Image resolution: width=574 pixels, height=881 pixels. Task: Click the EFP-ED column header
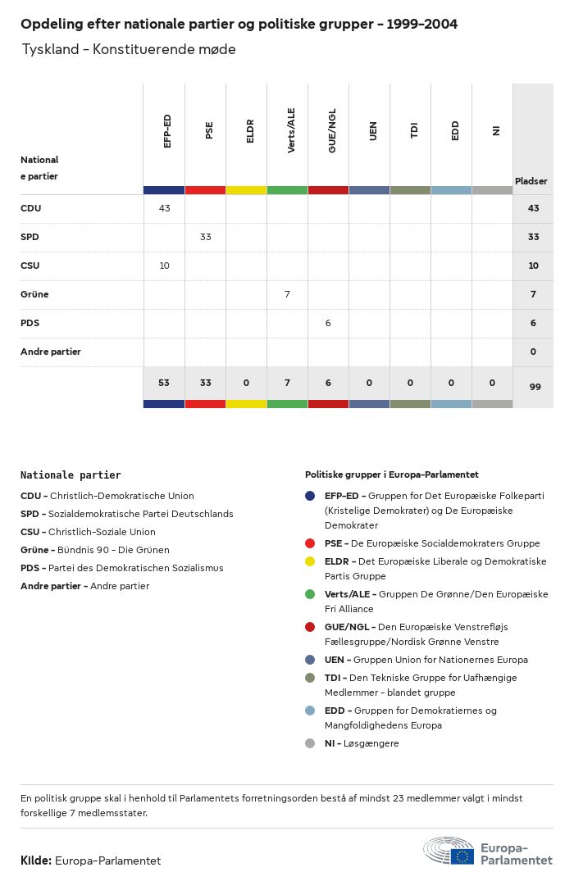click(167, 131)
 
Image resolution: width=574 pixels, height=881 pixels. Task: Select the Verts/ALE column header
click(291, 131)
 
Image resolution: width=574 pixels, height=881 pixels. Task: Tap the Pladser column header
click(531, 181)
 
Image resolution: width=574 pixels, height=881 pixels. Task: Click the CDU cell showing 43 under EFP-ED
click(164, 208)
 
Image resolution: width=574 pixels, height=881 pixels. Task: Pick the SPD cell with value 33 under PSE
click(205, 237)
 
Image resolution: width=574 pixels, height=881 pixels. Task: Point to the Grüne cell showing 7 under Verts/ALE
click(287, 294)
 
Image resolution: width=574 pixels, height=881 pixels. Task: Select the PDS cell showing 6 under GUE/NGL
click(328, 323)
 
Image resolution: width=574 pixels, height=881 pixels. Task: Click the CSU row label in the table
click(30, 266)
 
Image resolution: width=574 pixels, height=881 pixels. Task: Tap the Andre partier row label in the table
click(50, 352)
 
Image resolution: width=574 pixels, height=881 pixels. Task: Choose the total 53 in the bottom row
click(164, 383)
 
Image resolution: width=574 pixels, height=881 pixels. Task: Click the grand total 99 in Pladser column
click(535, 387)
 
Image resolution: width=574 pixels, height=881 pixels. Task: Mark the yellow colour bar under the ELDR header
click(246, 190)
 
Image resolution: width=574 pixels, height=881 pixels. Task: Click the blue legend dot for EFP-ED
click(310, 496)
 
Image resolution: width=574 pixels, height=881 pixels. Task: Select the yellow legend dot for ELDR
click(310, 561)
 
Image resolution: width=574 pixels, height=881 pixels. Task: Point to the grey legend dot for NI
click(310, 743)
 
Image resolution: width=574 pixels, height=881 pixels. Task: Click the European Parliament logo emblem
click(449, 851)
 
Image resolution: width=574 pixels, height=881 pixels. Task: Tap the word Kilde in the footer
click(35, 861)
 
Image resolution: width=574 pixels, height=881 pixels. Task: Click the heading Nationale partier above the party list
click(71, 475)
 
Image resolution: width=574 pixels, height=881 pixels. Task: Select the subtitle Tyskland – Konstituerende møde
click(129, 49)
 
